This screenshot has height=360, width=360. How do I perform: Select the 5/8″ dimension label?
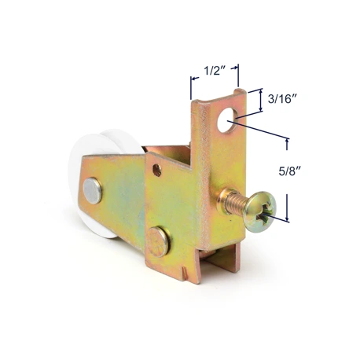click(x=289, y=171)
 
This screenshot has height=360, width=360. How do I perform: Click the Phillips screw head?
click(x=261, y=212)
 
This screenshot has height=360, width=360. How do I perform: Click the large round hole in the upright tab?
click(x=227, y=119)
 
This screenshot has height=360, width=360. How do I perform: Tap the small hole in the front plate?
click(x=157, y=171)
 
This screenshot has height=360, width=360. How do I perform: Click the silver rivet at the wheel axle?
click(x=93, y=190)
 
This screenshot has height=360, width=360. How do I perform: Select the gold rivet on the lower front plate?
click(x=157, y=241)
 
